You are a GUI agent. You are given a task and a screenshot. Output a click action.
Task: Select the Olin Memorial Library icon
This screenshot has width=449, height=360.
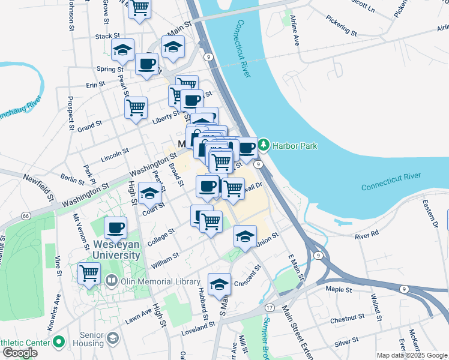coord(112,280)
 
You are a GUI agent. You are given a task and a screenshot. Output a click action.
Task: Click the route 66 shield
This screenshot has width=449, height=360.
coord(25,215)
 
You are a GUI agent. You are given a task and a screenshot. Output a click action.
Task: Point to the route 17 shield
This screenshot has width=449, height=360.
coord(270,308)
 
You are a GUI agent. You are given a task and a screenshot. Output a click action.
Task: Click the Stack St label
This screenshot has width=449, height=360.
coord(109,37)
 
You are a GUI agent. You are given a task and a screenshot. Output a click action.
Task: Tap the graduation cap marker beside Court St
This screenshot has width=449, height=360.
coord(149,193)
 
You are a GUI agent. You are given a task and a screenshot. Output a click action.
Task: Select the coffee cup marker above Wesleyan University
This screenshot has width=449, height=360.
coord(115,227)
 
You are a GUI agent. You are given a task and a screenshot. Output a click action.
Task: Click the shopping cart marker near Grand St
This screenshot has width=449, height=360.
coord(136,108)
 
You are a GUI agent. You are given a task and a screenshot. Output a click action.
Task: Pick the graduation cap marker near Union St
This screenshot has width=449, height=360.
coord(245,236)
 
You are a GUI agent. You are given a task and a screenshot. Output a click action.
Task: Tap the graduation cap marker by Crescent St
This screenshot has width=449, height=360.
coord(219,283)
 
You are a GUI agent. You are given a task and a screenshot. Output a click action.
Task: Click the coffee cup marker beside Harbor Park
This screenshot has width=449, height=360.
coord(246,148)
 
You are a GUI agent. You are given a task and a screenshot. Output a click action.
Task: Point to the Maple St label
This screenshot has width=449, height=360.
coord(339,290)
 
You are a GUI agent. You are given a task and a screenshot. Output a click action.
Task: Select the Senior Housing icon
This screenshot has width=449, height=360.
coord(112,339)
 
